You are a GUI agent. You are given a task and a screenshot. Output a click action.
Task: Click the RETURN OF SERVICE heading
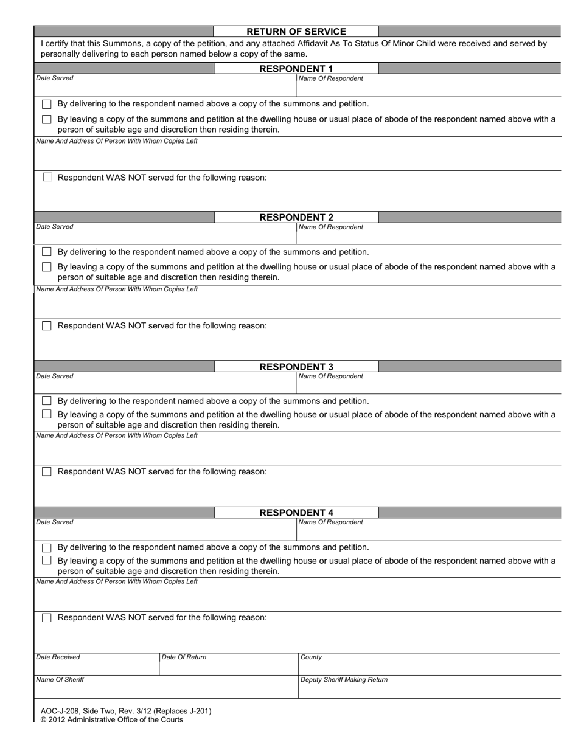[x=296, y=32]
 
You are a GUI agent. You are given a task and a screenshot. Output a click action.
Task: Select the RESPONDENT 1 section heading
[x=296, y=69]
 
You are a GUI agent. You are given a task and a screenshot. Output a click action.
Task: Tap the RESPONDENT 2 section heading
[x=296, y=217]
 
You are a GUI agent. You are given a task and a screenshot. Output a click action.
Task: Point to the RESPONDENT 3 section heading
[x=296, y=367]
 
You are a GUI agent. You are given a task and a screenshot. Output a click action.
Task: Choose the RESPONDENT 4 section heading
[x=296, y=513]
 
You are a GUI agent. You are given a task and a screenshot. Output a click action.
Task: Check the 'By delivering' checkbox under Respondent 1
[x=47, y=104]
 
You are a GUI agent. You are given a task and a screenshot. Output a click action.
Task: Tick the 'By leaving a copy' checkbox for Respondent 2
[x=47, y=267]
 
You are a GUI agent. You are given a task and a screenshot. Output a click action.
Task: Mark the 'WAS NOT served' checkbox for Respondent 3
[x=47, y=472]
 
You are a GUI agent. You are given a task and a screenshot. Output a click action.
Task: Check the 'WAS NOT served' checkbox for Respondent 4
[x=47, y=618]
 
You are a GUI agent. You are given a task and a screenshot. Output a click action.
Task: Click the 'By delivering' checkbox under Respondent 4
[x=47, y=547]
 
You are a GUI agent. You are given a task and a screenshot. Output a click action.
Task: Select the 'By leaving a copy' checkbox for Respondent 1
[x=47, y=119]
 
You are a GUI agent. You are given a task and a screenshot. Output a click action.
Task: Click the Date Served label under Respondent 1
[x=55, y=78]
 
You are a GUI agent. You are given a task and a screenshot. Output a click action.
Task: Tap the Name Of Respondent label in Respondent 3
[x=330, y=376]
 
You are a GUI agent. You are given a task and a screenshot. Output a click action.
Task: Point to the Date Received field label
[x=58, y=657]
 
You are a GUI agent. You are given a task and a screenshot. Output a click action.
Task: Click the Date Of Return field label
[x=184, y=657]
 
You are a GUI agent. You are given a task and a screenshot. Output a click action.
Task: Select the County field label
[x=311, y=657]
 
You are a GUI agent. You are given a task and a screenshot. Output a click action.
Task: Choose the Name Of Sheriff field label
[x=60, y=680]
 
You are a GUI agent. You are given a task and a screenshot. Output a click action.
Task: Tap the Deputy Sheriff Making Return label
[x=344, y=680]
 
